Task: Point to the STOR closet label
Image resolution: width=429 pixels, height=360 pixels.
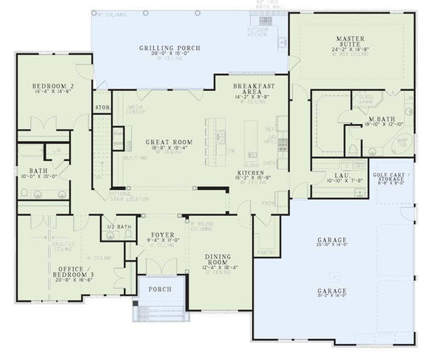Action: pyautogui.click(x=102, y=107)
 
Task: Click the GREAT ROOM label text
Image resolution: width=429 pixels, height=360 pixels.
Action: pyautogui.click(x=167, y=141)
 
